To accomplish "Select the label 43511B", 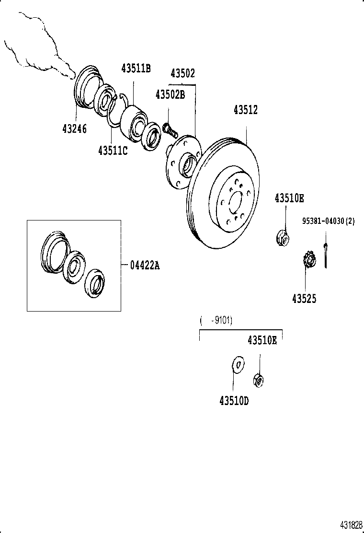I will (x=136, y=69).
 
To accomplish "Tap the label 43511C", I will (x=113, y=151).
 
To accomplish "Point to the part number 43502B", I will (x=170, y=94).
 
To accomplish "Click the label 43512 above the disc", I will (x=245, y=110).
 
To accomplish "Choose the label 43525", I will (x=304, y=298).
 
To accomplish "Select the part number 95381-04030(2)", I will (x=328, y=221).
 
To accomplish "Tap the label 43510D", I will (x=234, y=400).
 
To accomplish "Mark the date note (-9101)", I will (x=216, y=321).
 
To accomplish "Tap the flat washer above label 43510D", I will (x=237, y=365).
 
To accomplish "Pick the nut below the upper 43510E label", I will (x=283, y=237).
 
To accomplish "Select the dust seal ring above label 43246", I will (x=86, y=86).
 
